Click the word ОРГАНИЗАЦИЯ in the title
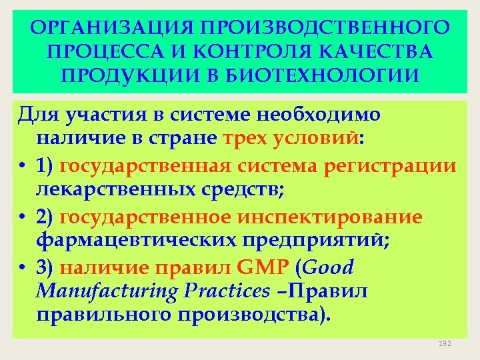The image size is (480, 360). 107,28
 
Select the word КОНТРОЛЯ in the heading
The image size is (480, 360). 265,51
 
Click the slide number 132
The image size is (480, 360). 445,343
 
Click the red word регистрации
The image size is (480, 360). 390,165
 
